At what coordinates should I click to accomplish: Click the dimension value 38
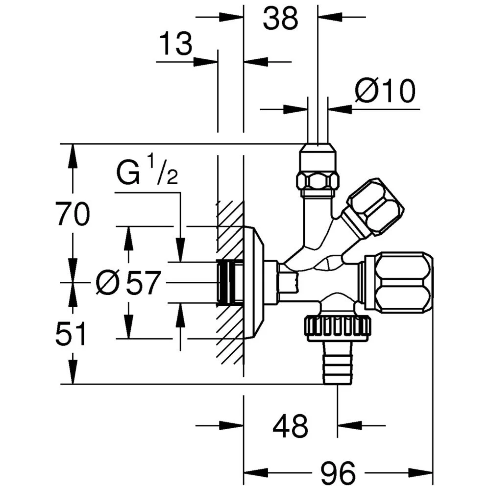pos(280,19)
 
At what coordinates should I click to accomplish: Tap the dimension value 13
pos(175,45)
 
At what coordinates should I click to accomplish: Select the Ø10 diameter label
pos(385,91)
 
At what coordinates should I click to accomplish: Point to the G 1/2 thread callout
pos(147,174)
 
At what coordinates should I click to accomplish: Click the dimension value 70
pos(73,215)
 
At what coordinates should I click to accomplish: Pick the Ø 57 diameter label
pos(128,283)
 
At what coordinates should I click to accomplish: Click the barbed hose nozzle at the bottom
pos(337,363)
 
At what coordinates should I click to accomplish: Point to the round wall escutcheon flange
pos(256,282)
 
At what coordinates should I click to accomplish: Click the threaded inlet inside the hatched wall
pos(229,282)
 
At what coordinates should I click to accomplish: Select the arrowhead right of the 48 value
pos(349,425)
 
